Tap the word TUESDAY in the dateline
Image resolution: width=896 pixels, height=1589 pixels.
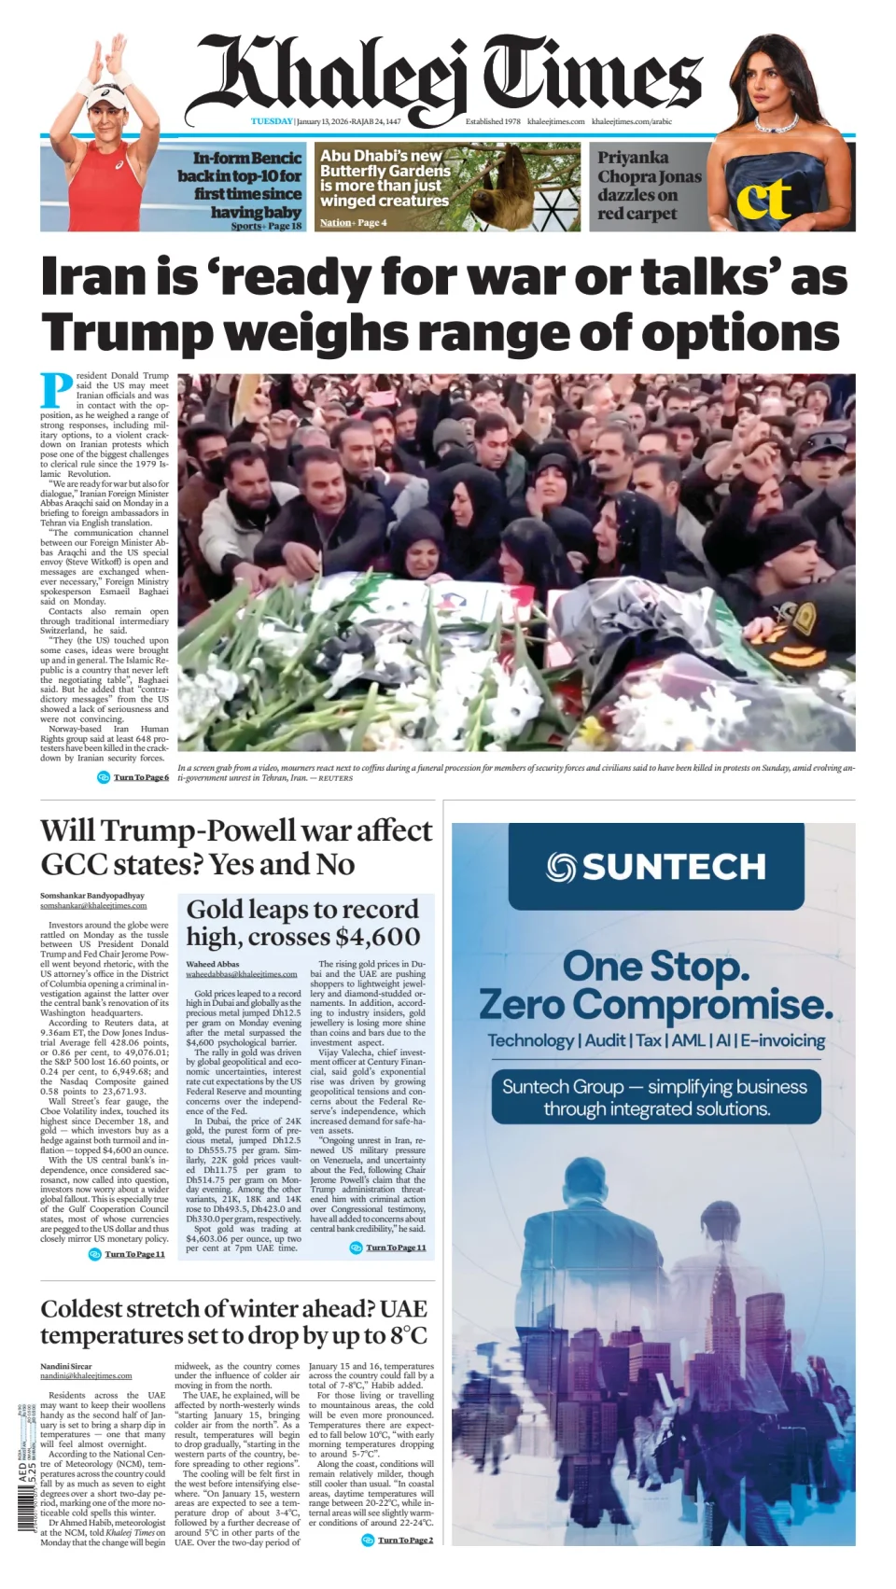point(272,121)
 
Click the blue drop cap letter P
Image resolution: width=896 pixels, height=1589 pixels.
point(56,389)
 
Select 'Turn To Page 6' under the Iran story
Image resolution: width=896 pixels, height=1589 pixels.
point(141,777)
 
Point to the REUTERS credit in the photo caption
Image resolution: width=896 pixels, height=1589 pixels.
point(335,778)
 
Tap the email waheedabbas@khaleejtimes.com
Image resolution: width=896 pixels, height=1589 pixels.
point(241,974)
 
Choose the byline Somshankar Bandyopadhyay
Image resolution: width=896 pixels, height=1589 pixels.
point(92,896)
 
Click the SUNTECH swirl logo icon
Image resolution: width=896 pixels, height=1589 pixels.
point(561,867)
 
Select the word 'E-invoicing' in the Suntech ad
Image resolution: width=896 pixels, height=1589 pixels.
point(782,1040)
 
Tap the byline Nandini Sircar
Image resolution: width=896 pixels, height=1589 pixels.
point(66,1366)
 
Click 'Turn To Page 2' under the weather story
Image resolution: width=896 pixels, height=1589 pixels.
point(405,1540)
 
